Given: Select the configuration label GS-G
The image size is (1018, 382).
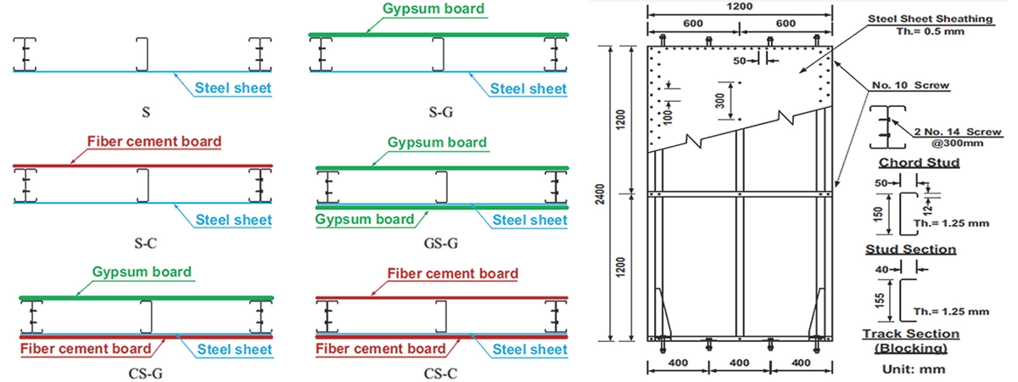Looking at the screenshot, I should point(441,243).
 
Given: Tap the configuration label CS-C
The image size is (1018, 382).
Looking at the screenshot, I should point(441,372).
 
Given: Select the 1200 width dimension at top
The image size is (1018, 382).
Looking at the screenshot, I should point(735,7).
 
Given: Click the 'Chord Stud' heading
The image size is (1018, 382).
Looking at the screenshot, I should point(907,162).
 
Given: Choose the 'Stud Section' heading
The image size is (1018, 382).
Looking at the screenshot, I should point(909,250).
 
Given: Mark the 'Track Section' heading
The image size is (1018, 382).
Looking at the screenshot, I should point(910,334).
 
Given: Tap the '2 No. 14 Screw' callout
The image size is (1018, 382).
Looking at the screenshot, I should point(955,132).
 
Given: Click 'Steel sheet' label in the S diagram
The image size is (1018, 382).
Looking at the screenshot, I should point(232,88).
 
